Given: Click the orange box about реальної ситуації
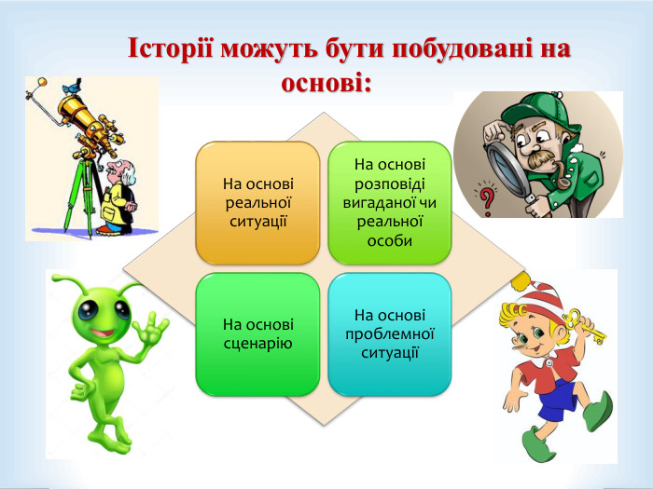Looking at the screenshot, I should (x=257, y=202).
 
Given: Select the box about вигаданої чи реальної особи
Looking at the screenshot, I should (x=389, y=202).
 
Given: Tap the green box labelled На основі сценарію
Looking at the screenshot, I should (x=257, y=333).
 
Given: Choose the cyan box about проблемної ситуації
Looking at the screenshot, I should (x=389, y=333).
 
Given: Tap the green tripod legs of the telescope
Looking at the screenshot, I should (x=79, y=200).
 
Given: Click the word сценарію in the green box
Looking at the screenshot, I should (x=257, y=343).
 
